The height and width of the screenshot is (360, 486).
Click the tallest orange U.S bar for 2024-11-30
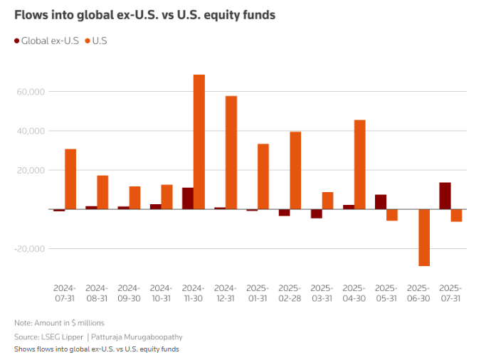pos(199,142)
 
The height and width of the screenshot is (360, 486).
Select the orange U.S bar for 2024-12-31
pos(231,152)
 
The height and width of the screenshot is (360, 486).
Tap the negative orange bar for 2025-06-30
pos(424,238)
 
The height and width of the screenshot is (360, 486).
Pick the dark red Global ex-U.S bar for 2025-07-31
pos(445,196)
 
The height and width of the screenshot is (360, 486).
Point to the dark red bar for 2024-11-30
pos(188,198)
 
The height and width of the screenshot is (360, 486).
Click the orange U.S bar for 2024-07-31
pos(70,179)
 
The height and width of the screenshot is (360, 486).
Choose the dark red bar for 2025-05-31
pos(381,201)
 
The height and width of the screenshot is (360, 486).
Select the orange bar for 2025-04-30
pos(360,164)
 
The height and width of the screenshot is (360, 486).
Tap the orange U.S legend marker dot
pos(90,41)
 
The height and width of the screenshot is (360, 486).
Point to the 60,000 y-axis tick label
pos(30,92)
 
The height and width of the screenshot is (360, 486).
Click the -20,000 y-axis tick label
pos(28,249)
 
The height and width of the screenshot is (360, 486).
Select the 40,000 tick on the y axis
pos(30,131)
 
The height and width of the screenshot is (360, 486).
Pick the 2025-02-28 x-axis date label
pos(290,292)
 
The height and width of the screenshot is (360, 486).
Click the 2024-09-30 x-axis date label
pos(129,292)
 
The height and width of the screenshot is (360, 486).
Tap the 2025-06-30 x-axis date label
pos(418,292)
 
